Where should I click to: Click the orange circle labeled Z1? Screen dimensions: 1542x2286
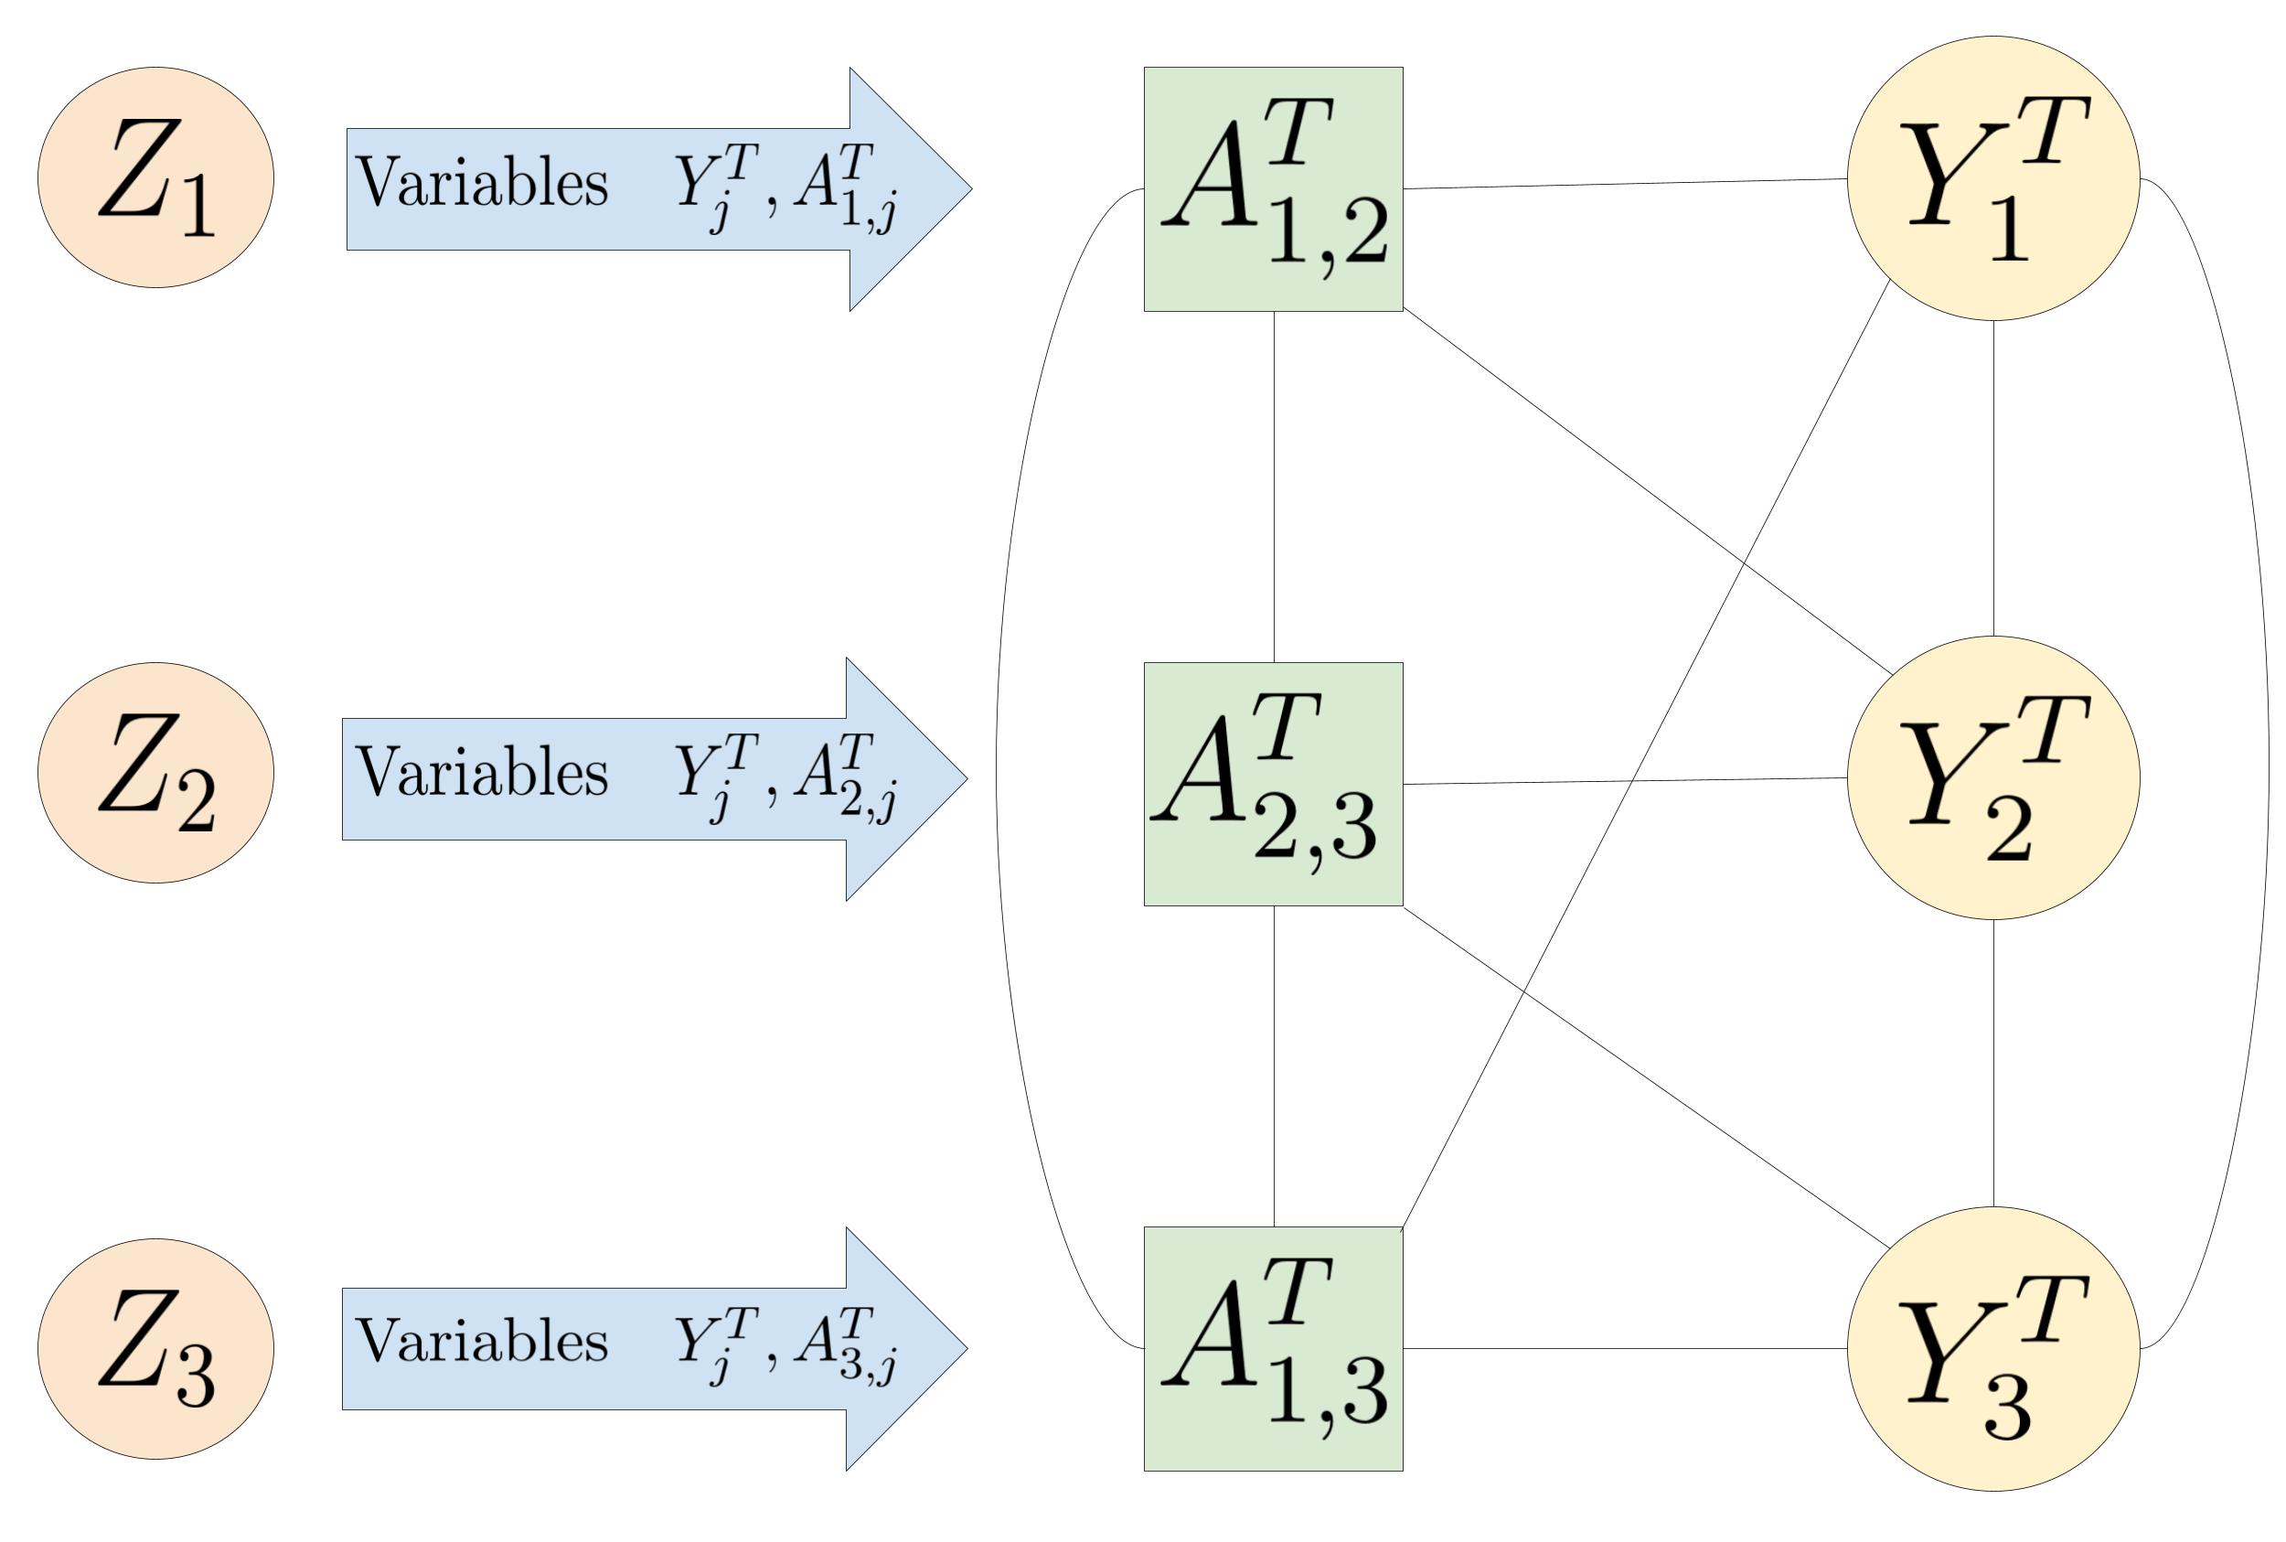(155, 177)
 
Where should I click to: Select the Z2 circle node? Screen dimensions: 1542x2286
(155, 773)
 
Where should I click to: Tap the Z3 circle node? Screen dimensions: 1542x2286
(155, 1348)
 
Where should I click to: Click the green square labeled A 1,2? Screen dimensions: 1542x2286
(1272, 188)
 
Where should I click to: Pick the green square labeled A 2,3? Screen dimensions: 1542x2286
(1272, 784)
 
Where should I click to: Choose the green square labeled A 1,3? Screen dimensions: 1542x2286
(1272, 1348)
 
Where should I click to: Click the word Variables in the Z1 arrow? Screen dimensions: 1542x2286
(482, 183)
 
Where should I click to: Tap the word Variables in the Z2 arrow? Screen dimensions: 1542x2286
(482, 772)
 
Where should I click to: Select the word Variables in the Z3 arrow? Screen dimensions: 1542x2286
(482, 1341)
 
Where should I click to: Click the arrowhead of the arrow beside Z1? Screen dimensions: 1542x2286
(910, 188)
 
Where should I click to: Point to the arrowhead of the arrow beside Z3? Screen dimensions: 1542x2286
(905, 1348)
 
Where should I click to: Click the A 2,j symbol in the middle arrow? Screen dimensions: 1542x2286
(845, 776)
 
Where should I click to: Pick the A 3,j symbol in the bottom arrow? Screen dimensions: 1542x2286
(845, 1345)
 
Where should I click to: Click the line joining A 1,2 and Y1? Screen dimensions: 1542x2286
(1624, 184)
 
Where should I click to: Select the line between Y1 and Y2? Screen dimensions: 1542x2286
(1993, 478)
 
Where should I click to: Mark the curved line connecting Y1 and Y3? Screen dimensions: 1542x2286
(2268, 763)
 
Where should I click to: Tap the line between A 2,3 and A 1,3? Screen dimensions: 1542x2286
(1273, 1066)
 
